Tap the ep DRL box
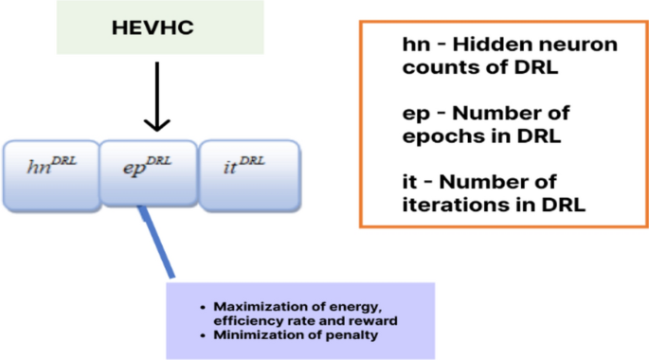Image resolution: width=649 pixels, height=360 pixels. (x=148, y=172)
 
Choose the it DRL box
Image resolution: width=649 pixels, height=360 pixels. (x=248, y=172)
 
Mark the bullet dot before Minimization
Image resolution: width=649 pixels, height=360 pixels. (x=205, y=334)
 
